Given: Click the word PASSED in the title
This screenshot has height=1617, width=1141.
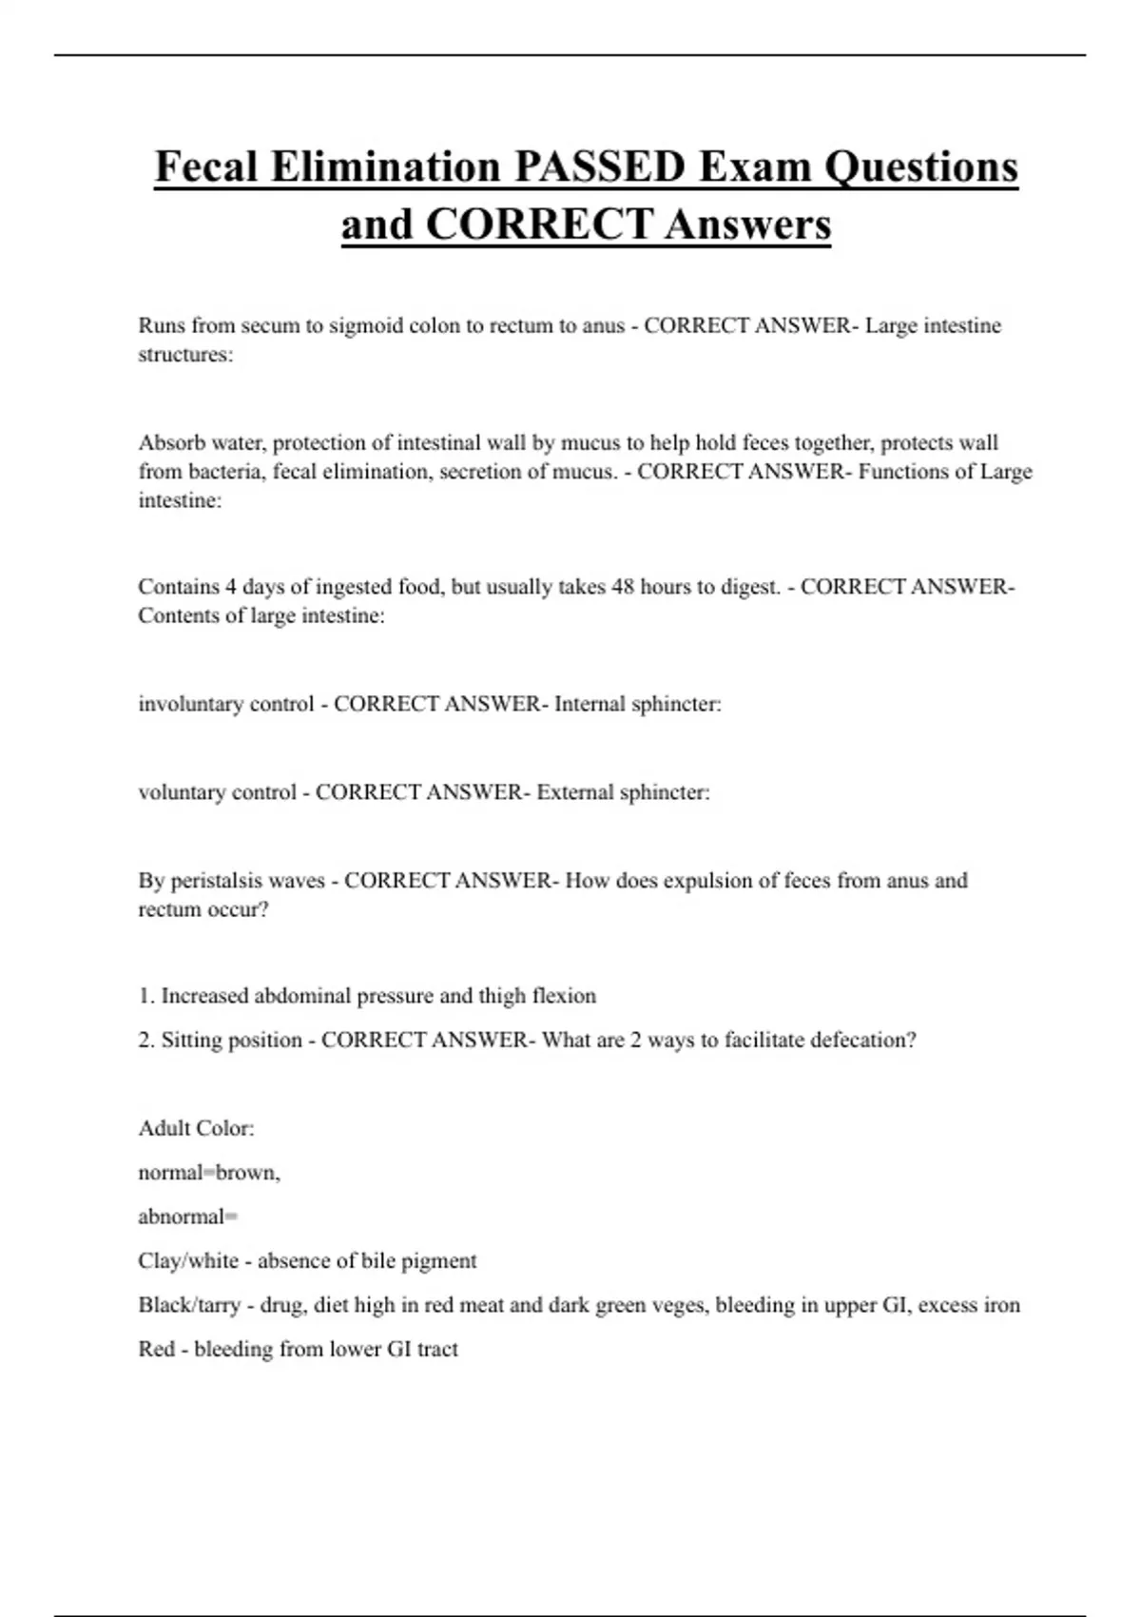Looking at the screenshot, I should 599,167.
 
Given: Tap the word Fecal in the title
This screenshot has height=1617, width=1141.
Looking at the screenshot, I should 206,167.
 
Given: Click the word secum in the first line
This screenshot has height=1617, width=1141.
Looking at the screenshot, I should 270,325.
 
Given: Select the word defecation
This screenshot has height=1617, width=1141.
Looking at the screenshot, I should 862,1040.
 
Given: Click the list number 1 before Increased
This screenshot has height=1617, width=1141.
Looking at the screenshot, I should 145,996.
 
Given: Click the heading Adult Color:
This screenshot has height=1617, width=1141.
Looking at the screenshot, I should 196,1128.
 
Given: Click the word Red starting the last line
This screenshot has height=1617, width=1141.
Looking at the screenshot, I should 156,1349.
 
